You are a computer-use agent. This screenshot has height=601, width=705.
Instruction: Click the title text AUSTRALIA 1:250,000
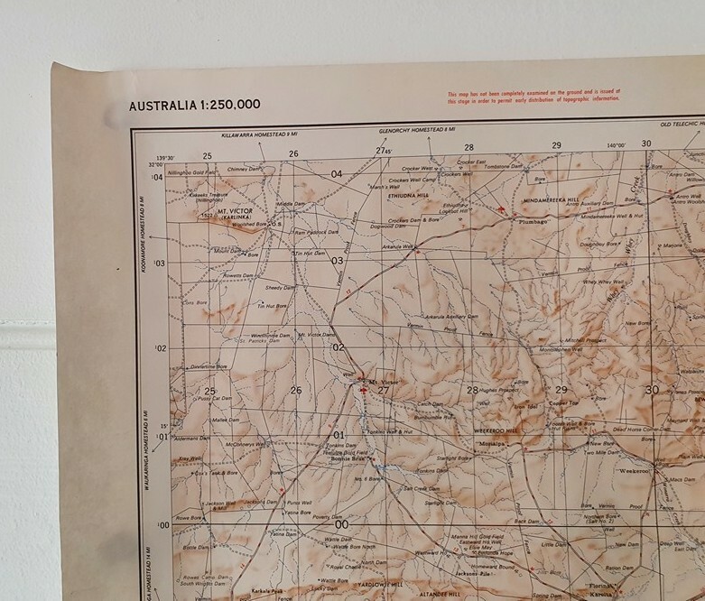point(194,105)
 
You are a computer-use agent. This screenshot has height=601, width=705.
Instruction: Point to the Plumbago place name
point(533,219)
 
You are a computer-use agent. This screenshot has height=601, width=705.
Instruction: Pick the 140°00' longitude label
point(617,145)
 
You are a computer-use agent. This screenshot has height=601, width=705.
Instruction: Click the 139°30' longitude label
point(164,155)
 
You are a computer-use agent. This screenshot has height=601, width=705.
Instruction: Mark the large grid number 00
point(341,524)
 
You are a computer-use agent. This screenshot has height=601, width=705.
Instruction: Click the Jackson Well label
point(214,503)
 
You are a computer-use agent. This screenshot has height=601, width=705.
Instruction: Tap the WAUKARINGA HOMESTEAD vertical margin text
point(143,450)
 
